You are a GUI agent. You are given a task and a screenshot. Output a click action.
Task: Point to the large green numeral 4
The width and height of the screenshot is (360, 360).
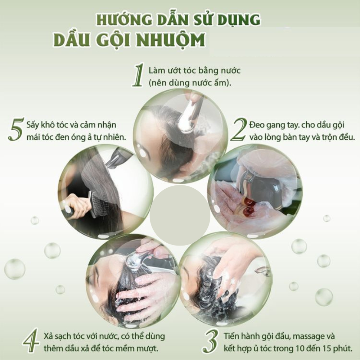(x=31, y=340)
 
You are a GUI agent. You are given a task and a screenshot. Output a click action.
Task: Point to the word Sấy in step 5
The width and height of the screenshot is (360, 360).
(x=33, y=125)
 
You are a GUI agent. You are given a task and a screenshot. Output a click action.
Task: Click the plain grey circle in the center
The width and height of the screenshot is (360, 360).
(x=180, y=215)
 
